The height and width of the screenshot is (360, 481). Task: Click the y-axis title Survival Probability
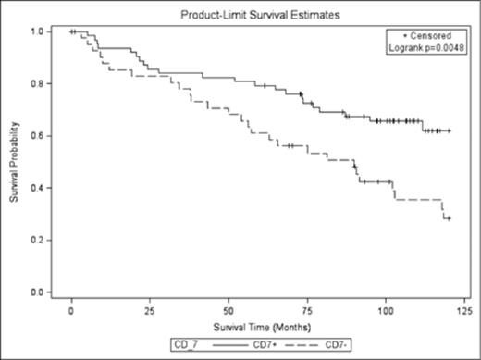pyautogui.click(x=16, y=162)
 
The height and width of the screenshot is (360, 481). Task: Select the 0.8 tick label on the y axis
pyautogui.click(x=41, y=84)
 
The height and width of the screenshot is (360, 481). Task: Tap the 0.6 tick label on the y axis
pyautogui.click(x=41, y=136)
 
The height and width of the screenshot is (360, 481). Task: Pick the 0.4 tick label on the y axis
pyautogui.click(x=41, y=188)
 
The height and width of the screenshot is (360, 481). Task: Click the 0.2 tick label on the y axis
pyautogui.click(x=41, y=240)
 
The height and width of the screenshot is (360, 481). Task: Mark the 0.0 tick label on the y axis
pyautogui.click(x=41, y=292)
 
